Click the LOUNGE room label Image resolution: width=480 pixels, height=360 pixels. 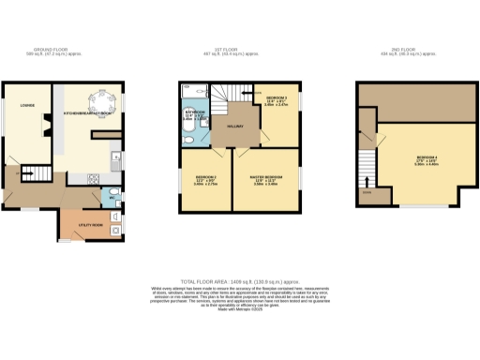pos(27,118)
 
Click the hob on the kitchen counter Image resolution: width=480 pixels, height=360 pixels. pos(95,178)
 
